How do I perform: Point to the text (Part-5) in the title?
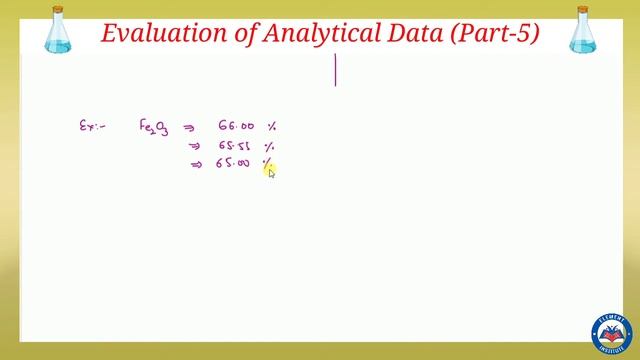click(495, 33)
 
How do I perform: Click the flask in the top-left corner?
click(58, 30)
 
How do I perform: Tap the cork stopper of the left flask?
click(58, 9)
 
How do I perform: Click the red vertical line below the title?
click(335, 70)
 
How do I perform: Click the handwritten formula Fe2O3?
click(153, 127)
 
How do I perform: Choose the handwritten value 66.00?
click(236, 127)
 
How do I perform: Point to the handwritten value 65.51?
click(235, 146)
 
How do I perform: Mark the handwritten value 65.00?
click(233, 163)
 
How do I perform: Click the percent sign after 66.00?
click(271, 127)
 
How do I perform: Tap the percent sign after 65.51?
click(269, 146)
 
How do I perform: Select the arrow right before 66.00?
click(189, 128)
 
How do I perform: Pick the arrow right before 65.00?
click(197, 164)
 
